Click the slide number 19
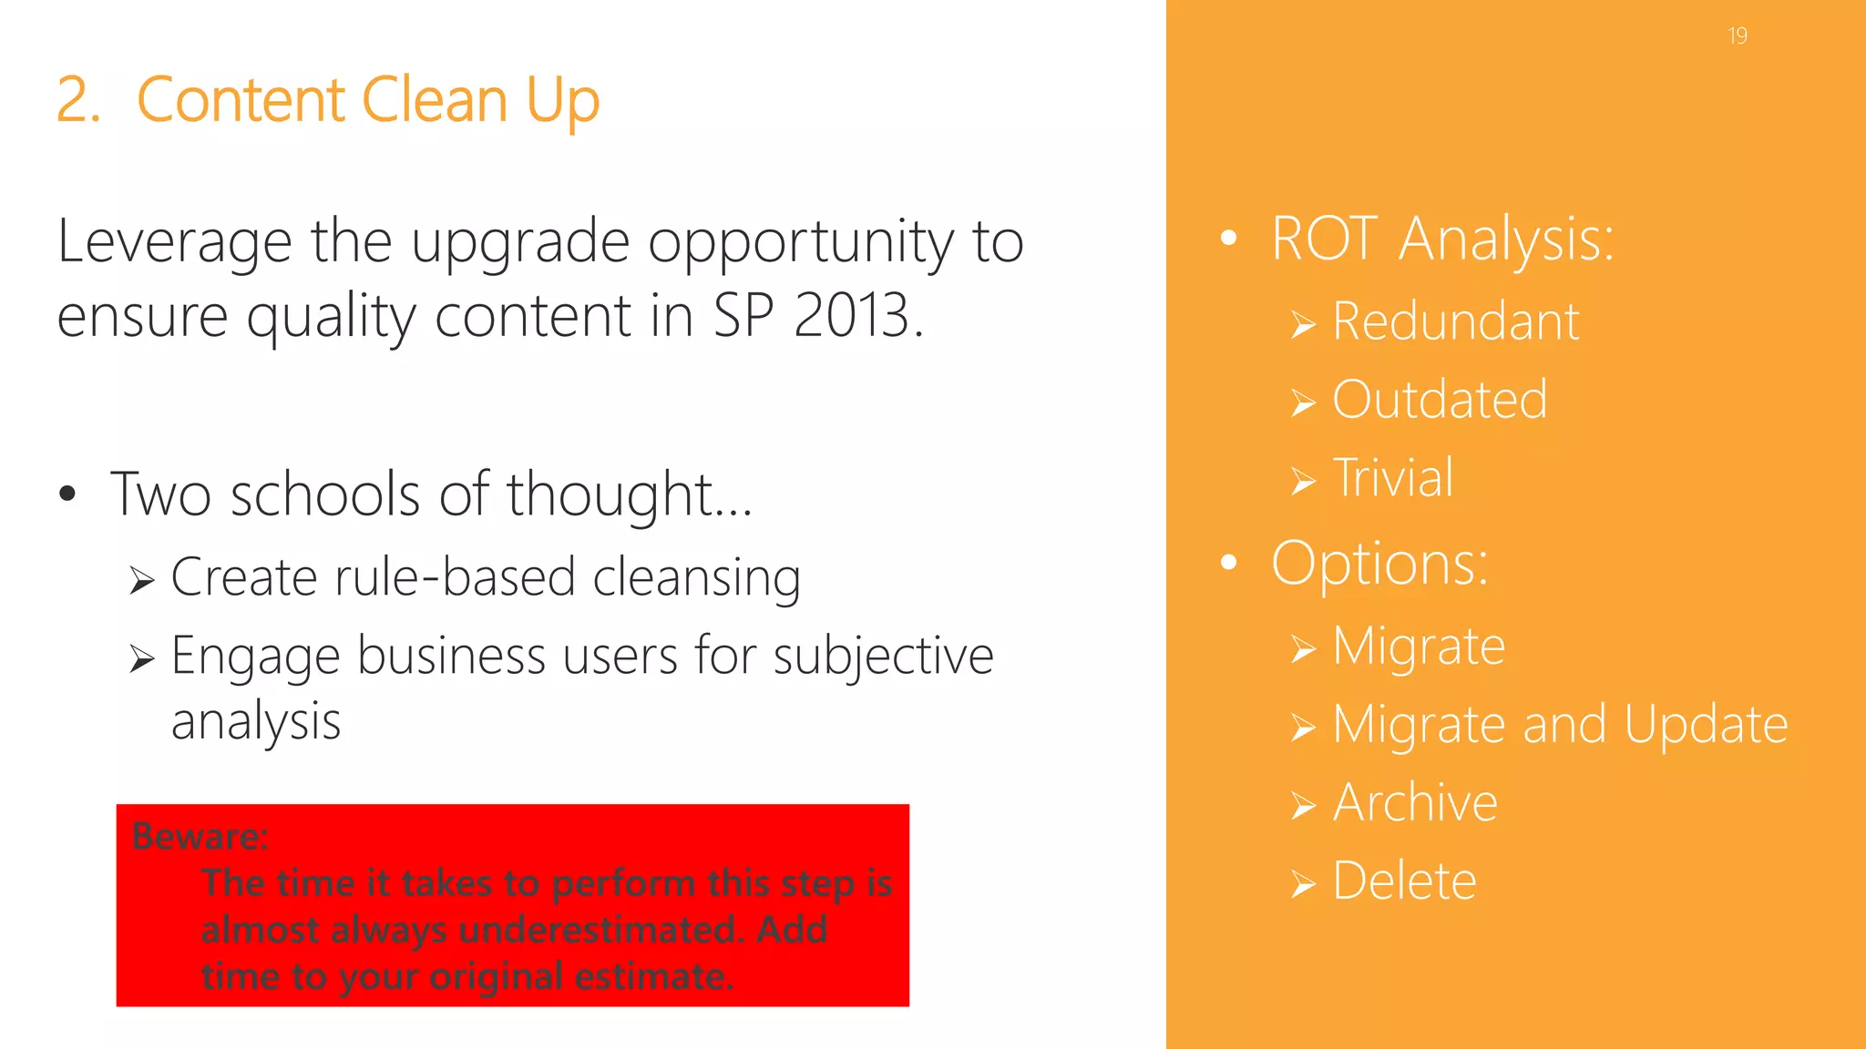[1737, 36]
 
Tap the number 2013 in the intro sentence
[852, 316]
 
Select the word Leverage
[174, 242]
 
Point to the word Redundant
[1455, 321]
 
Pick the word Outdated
[1440, 400]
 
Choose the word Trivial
[1393, 478]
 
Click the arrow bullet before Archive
[1303, 806]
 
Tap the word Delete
[1404, 881]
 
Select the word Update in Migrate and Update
[1706, 725]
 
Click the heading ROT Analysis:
[1442, 239]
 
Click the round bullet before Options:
[1229, 563]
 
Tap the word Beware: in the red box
[200, 836]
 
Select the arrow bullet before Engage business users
[141, 657]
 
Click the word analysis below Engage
[256, 721]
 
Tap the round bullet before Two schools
[67, 494]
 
